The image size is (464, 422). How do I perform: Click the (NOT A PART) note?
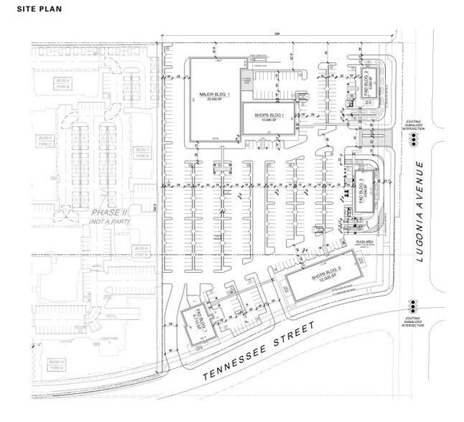pos(108,225)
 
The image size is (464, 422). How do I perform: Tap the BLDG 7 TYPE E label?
pos(141,152)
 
